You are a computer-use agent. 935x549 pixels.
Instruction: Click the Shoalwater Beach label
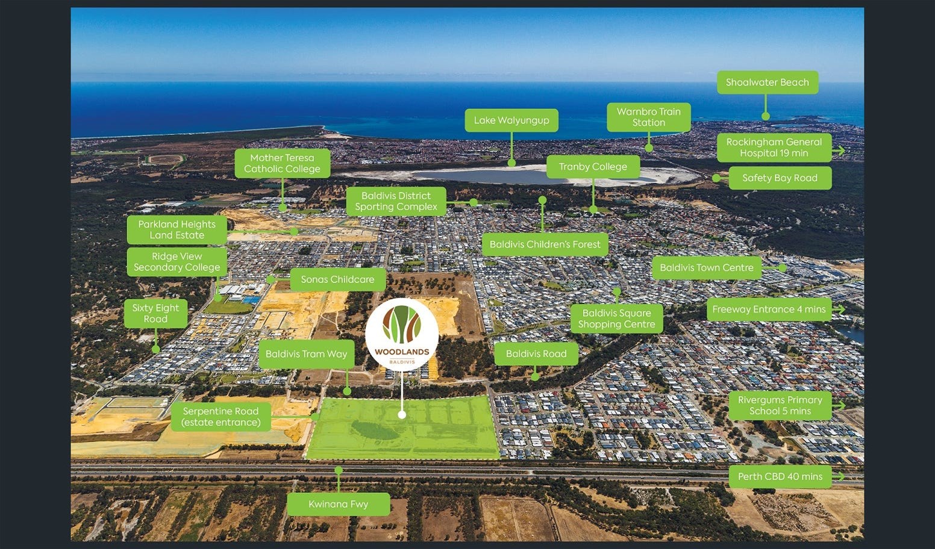tap(767, 82)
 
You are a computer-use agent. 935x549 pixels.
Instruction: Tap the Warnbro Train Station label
tap(648, 117)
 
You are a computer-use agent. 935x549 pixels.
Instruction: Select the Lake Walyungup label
tap(511, 120)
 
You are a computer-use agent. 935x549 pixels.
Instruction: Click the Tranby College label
tap(593, 167)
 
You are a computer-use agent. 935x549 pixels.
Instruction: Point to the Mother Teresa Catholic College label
tap(282, 163)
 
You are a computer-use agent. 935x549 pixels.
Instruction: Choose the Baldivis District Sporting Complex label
tap(396, 201)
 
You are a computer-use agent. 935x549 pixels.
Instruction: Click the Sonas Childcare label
tap(337, 279)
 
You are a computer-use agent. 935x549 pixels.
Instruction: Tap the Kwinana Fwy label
tap(338, 504)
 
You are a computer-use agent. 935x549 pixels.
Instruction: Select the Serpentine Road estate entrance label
tap(220, 417)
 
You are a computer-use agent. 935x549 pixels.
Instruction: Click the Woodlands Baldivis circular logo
tap(402, 334)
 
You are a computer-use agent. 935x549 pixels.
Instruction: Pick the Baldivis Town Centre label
tap(706, 268)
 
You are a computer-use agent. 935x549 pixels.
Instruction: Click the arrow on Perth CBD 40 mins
tap(838, 476)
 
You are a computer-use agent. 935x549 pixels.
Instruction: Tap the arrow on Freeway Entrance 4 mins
tap(838, 309)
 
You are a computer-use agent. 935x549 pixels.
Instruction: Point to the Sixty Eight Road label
tap(155, 313)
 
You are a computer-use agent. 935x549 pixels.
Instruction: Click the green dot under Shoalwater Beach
tap(766, 117)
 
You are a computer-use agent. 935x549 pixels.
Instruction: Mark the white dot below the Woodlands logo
tap(402, 415)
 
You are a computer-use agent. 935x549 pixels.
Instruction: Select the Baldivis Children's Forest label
tap(545, 244)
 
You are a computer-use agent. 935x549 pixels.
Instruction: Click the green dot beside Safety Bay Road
tap(716, 178)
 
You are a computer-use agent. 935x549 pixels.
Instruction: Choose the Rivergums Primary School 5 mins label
tap(780, 406)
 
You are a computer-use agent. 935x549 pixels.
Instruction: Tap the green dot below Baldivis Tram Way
tap(347, 391)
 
